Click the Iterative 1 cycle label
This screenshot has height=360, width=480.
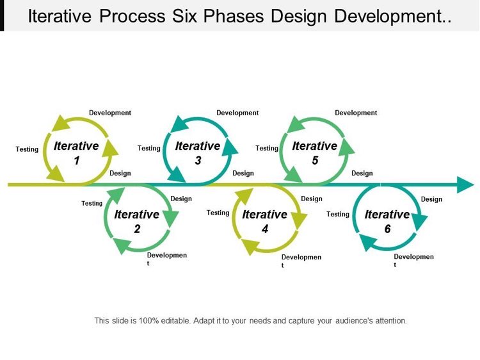[76, 153]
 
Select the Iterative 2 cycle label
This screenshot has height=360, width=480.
[136, 221]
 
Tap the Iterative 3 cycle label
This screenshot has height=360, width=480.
[198, 153]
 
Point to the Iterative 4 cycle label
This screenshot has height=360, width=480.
[265, 221]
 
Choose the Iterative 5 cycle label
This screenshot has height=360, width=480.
[315, 153]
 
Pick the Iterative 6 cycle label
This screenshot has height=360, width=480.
[387, 221]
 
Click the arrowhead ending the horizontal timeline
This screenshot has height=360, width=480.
[466, 184]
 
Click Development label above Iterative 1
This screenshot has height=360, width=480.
[110, 113]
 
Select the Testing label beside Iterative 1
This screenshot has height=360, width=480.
[27, 149]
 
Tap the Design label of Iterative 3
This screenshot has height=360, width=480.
[243, 174]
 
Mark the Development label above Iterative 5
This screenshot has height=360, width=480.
[356, 113]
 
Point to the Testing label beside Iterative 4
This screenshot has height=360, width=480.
[218, 213]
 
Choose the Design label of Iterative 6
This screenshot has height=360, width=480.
[431, 199]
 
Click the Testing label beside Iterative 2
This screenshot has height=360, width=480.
[92, 204]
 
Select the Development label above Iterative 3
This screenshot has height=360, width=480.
[237, 113]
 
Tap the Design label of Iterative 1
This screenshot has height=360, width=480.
[120, 174]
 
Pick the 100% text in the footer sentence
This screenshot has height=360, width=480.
[148, 321]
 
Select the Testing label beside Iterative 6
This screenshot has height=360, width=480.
[338, 214]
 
